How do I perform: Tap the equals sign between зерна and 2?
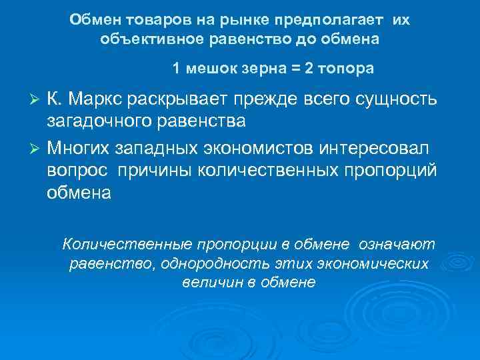(293, 69)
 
